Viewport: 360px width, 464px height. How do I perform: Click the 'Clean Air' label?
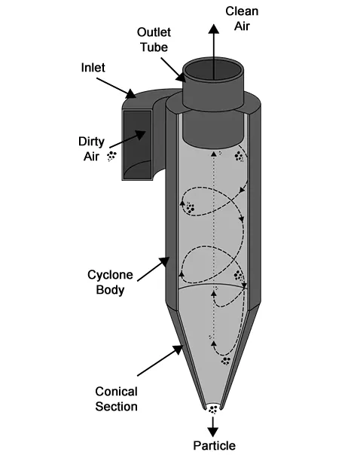tap(242, 19)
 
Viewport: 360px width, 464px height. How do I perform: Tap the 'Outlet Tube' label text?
tap(154, 40)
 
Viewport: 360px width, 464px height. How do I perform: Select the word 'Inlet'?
tap(93, 68)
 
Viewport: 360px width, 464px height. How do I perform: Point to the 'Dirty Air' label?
tap(91, 149)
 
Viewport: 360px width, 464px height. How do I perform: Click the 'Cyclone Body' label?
tap(110, 282)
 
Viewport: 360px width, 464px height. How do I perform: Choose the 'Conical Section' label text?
tap(116, 399)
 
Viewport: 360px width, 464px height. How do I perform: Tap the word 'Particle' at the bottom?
tap(214, 446)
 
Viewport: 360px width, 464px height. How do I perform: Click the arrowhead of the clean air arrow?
tap(213, 29)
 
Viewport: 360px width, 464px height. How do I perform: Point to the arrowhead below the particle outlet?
tap(212, 432)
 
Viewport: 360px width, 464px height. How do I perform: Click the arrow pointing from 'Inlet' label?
tap(116, 88)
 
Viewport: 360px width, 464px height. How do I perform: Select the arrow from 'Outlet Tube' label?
tap(173, 70)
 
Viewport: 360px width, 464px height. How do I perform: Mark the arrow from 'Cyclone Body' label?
tap(154, 269)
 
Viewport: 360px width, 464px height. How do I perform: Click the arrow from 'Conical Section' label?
tap(160, 360)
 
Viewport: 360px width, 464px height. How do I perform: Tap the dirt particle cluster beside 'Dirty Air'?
tap(111, 156)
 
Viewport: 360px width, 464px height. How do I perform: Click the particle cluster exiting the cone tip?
tap(212, 410)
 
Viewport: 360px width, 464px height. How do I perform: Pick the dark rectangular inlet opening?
tap(138, 145)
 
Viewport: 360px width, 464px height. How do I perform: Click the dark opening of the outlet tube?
tap(214, 70)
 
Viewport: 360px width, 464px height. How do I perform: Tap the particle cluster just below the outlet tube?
tap(239, 157)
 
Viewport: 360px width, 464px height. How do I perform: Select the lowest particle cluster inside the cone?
tap(226, 361)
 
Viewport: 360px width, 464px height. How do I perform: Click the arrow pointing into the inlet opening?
tap(127, 139)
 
